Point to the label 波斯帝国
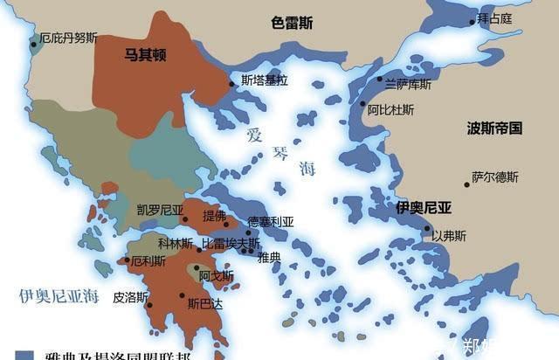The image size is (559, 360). click(x=493, y=128)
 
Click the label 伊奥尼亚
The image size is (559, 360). click(x=423, y=207)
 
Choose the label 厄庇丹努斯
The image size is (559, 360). click(x=69, y=38)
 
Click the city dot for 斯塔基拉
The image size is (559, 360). click(x=232, y=83)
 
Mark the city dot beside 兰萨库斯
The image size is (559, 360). click(x=380, y=80)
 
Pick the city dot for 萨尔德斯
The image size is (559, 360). click(x=466, y=184)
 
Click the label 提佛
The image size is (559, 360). click(x=214, y=215)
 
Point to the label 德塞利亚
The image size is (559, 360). click(x=272, y=221)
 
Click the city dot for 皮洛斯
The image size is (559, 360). click(x=149, y=305)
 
